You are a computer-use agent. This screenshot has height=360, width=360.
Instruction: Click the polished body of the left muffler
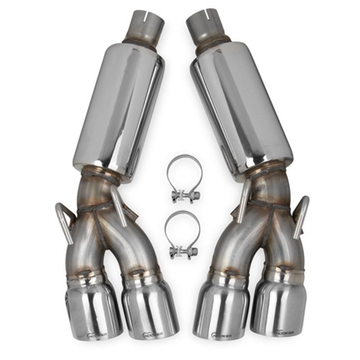click(115, 112)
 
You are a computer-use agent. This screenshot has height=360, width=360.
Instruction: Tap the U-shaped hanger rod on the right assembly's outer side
click(302, 216)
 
